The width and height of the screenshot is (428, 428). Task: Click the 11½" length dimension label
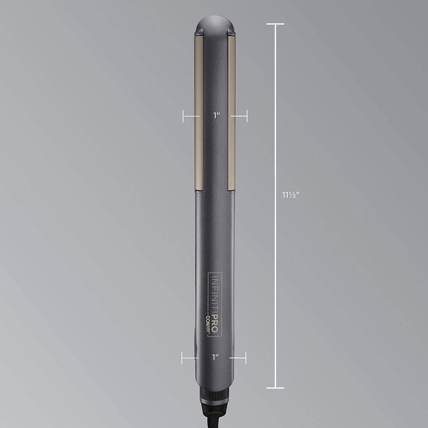pyautogui.click(x=291, y=195)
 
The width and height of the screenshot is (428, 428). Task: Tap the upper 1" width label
pyautogui.click(x=216, y=116)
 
